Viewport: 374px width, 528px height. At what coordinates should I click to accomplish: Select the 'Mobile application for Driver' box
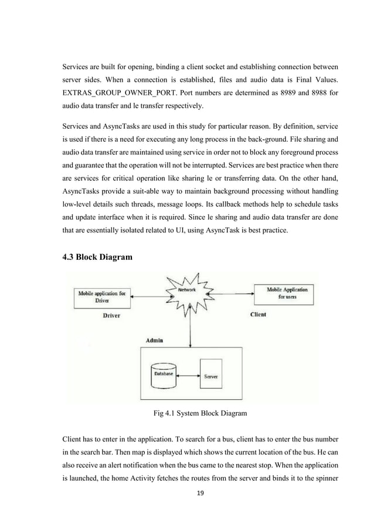102,297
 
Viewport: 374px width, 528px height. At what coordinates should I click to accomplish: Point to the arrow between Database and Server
187,376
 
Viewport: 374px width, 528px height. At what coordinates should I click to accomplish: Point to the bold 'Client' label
258,314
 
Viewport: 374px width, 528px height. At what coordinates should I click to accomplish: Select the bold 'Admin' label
154,340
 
